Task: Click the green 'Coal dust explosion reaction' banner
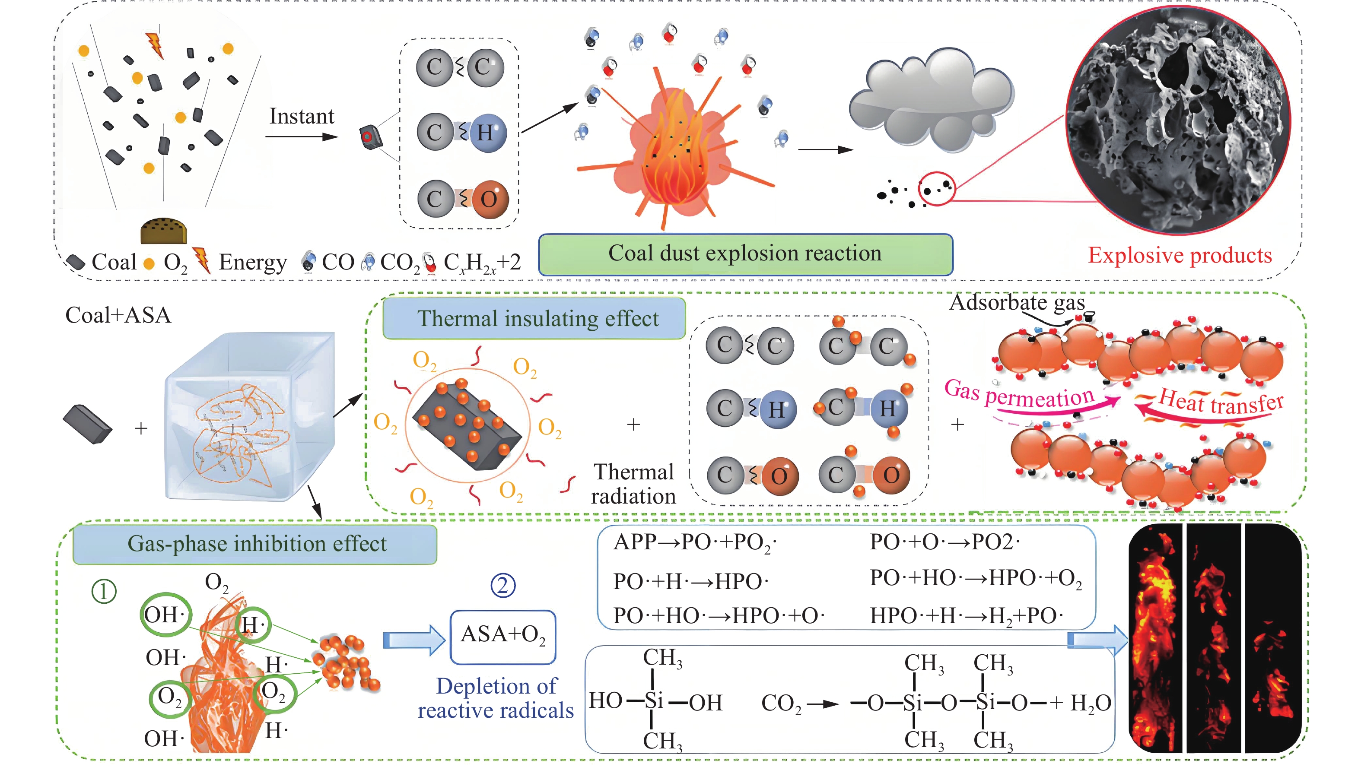[x=745, y=254]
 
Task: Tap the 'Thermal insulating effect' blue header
[x=534, y=319]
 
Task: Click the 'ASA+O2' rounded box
[x=502, y=636]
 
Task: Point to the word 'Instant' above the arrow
[x=302, y=116]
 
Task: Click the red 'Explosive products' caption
[x=1179, y=256]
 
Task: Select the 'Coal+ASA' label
[x=118, y=315]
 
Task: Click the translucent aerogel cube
[x=248, y=417]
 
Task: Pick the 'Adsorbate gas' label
[x=1017, y=303]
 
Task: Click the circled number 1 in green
[x=104, y=591]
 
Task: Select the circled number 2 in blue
[x=502, y=585]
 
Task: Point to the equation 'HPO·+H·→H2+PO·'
[x=966, y=616]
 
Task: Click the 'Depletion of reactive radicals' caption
[x=496, y=698]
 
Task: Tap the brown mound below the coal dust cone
[x=164, y=231]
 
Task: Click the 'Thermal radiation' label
[x=633, y=484]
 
